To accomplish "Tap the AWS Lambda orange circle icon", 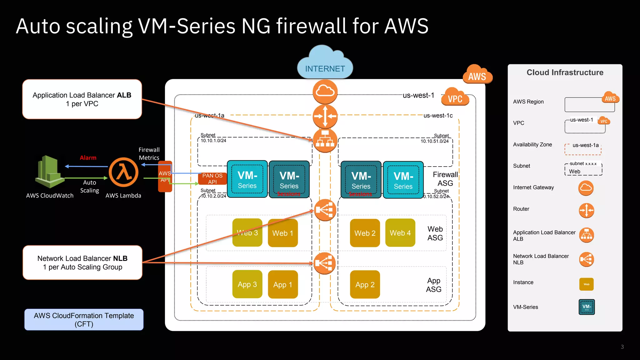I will tap(124, 172).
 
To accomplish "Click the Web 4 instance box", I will tap(400, 233).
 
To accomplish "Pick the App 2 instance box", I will tap(365, 284).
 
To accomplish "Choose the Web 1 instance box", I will tap(282, 233).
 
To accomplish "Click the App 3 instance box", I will tap(247, 284).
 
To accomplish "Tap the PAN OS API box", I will tap(212, 179).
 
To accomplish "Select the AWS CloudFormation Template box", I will tap(84, 320).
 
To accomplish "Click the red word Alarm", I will tap(88, 158).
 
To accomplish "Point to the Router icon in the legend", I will tap(586, 210).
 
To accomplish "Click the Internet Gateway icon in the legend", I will tap(586, 188).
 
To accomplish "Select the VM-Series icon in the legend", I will tap(587, 307).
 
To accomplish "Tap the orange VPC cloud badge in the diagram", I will tap(455, 98).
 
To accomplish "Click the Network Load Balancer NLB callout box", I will tap(82, 262).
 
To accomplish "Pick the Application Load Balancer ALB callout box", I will tap(82, 99).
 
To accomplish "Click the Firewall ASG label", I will tap(445, 179).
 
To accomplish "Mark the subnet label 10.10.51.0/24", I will tap(434, 141).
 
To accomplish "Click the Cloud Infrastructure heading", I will tap(565, 72).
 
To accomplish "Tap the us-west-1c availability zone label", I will tap(438, 116).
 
